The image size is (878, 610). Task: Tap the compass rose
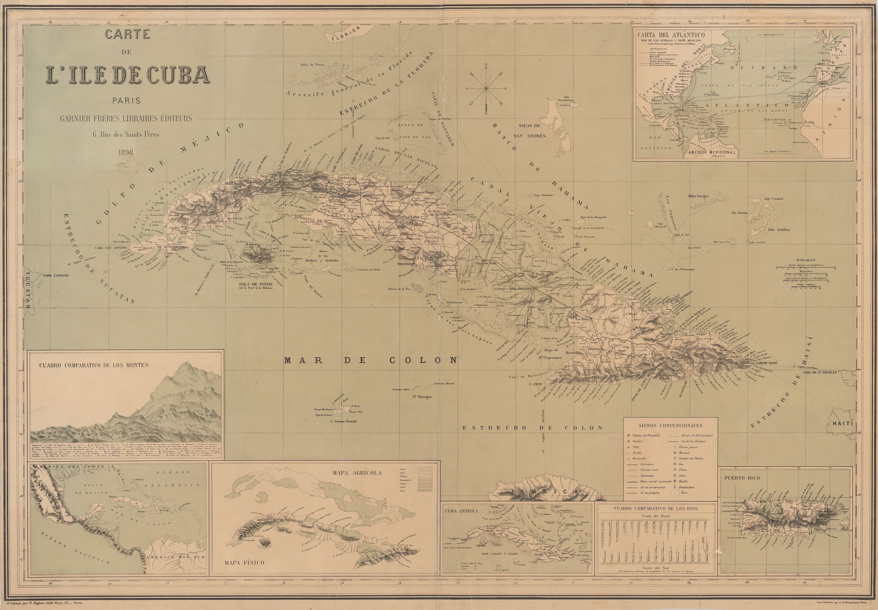(486, 88)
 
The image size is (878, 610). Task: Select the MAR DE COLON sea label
(371, 360)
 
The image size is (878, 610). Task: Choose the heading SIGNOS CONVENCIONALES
(670, 425)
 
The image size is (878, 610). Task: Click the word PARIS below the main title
(126, 101)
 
